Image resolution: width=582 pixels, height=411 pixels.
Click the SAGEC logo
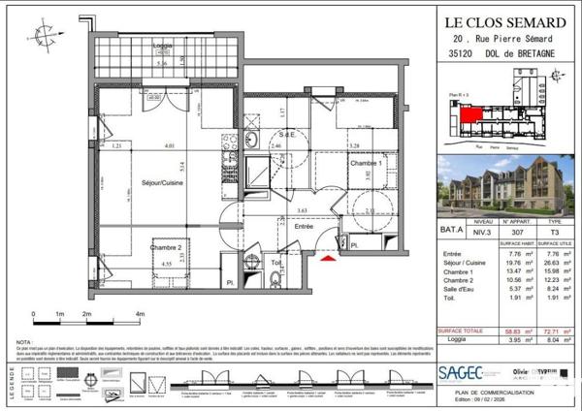[461, 372]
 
